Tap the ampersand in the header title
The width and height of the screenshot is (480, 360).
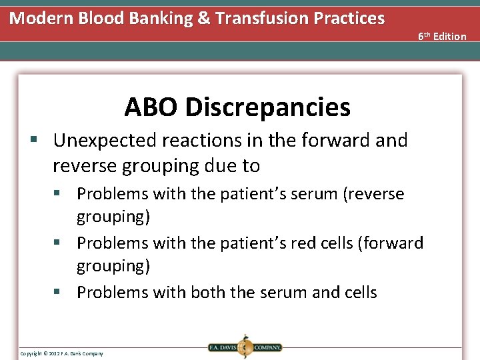tap(204, 18)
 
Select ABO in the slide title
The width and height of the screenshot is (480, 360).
tap(152, 107)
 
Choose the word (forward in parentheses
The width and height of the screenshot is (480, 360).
tap(391, 243)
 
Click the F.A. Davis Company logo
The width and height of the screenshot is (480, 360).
tap(244, 347)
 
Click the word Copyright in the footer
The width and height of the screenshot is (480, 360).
tap(31, 353)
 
